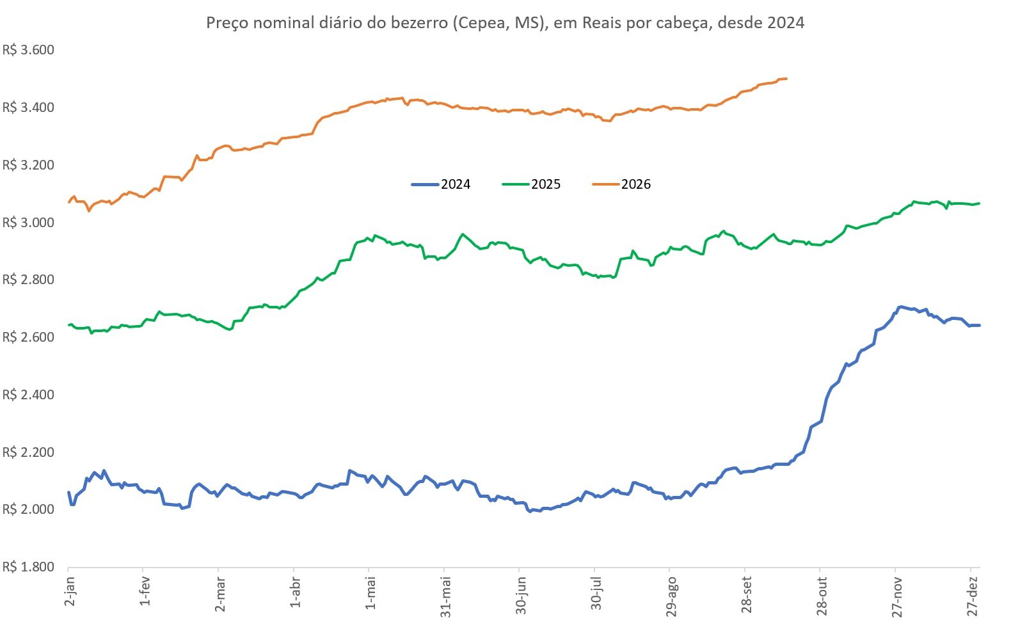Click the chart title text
[x=505, y=22]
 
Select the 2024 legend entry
[x=441, y=184]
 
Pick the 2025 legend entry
[x=531, y=184]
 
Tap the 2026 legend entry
[x=621, y=184]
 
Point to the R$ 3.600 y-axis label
[x=28, y=50]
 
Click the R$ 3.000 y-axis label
[x=28, y=223]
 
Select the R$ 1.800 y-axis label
[x=28, y=567]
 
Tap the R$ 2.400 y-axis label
[x=28, y=395]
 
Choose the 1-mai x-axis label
[x=370, y=593]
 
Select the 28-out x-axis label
[x=822, y=596]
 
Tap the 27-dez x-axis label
[x=972, y=596]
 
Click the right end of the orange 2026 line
[x=786, y=79]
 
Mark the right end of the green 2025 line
[x=979, y=203]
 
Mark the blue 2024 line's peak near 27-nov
[x=900, y=307]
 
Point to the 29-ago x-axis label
[x=671, y=596]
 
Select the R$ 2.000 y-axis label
[x=28, y=509]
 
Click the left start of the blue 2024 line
[x=68, y=492]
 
